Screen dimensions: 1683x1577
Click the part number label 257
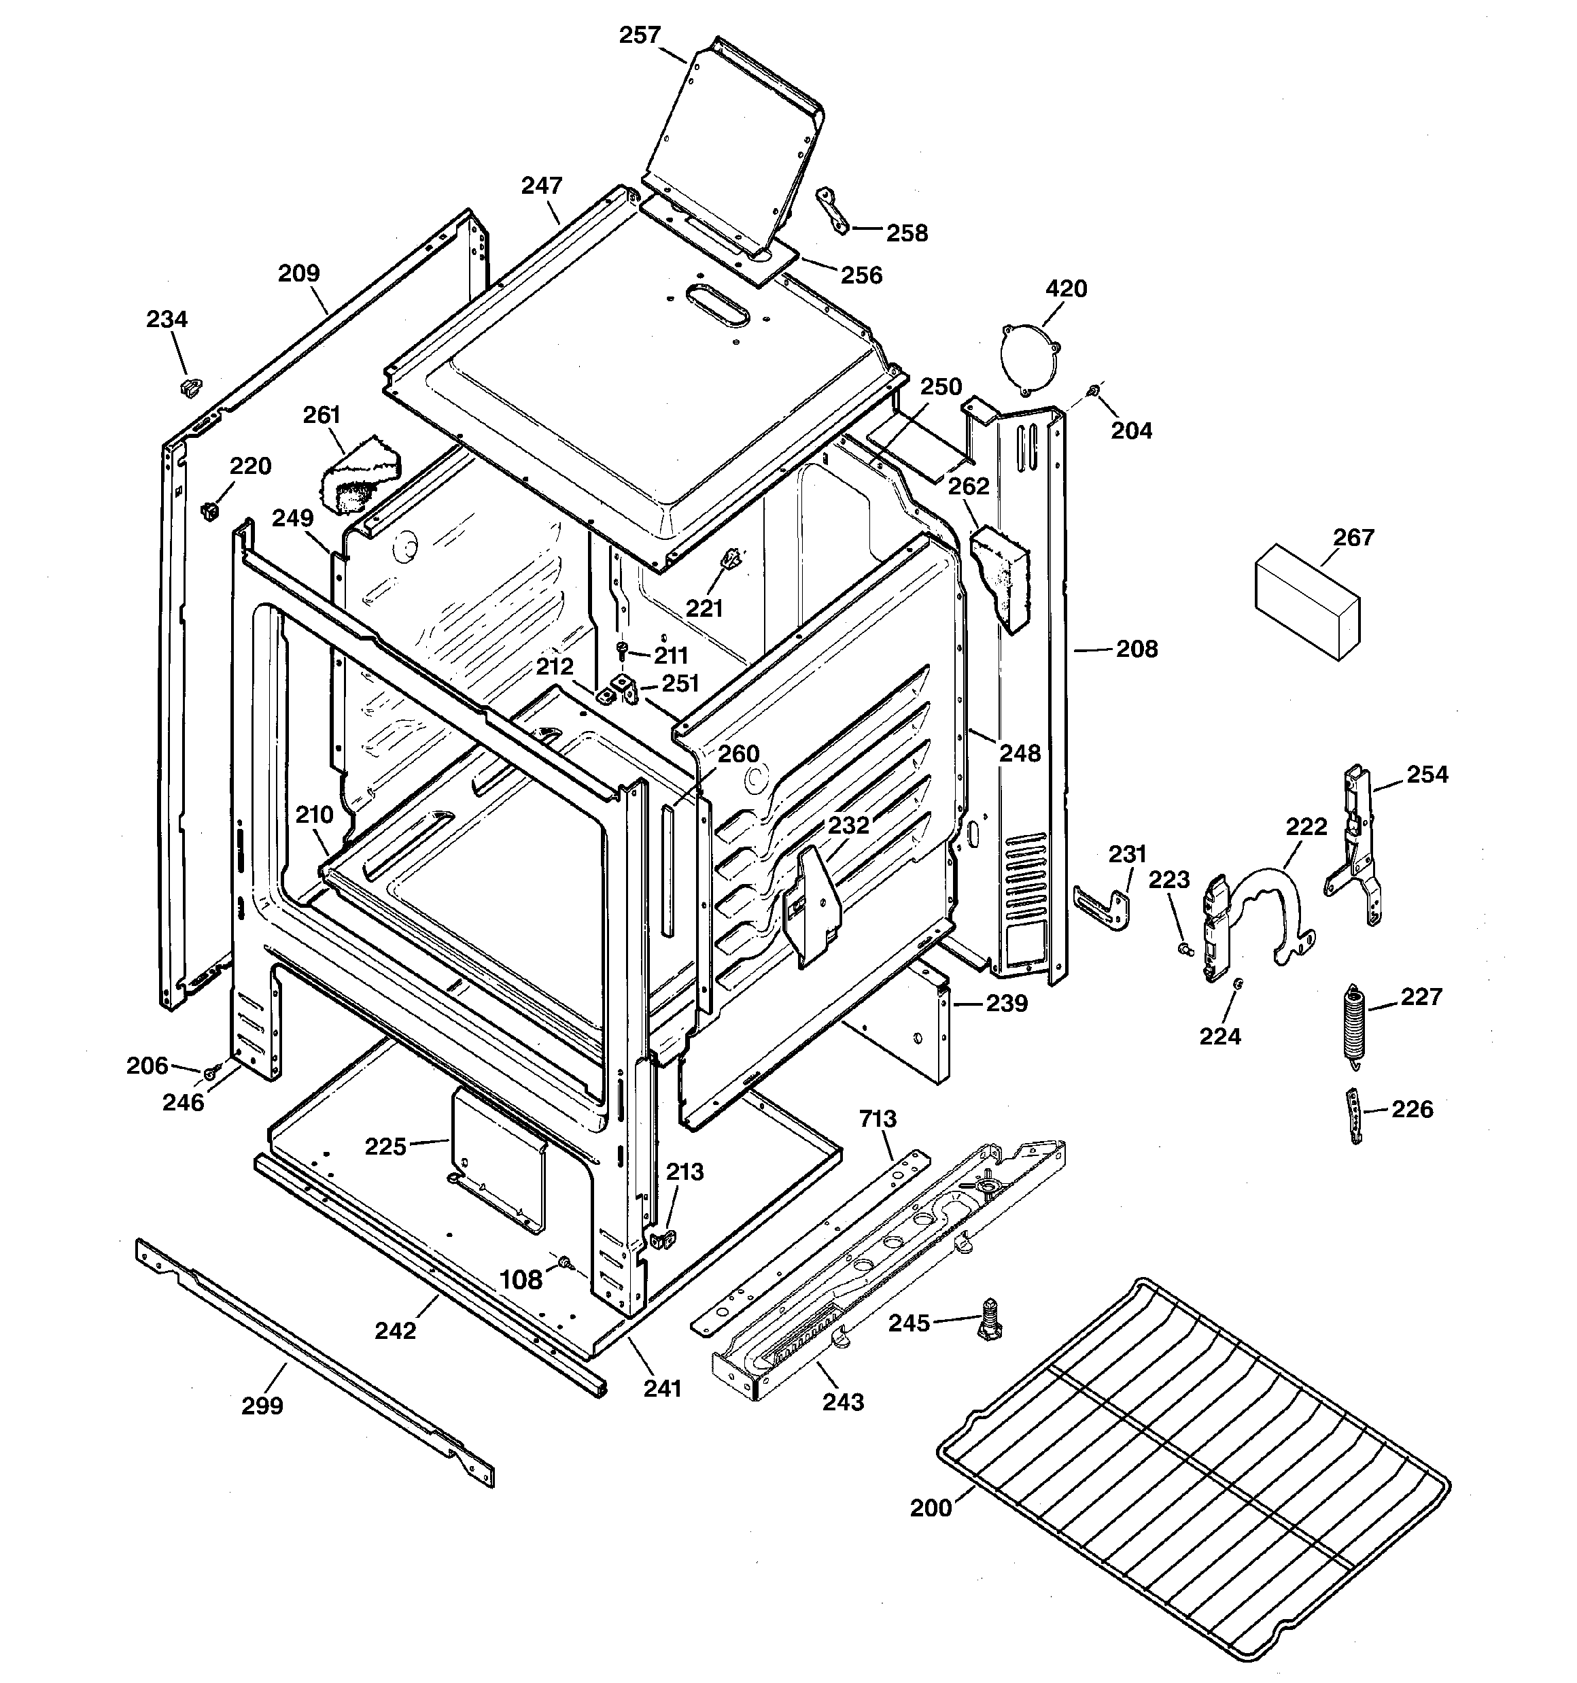point(639,35)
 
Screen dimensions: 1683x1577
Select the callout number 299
point(262,1406)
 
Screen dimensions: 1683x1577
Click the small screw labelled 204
point(1094,390)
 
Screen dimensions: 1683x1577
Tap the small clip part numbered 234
point(191,387)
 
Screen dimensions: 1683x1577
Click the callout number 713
point(878,1119)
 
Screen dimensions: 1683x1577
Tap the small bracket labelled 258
point(831,210)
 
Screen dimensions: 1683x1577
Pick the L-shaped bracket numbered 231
point(1104,905)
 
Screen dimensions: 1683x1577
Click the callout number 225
point(385,1146)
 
